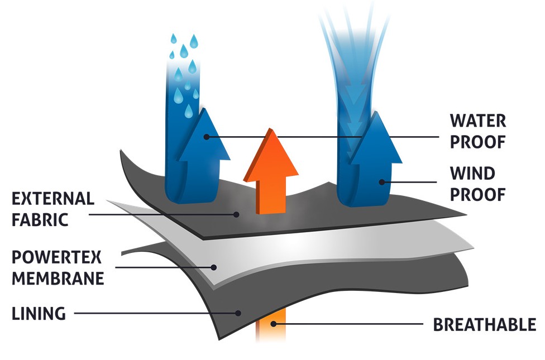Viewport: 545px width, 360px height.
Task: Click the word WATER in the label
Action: [477, 121]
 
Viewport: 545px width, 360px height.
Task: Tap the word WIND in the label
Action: [472, 174]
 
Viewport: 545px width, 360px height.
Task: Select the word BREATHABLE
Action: [485, 324]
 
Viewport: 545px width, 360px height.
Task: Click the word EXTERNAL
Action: [53, 198]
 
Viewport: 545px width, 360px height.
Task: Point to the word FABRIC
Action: [40, 219]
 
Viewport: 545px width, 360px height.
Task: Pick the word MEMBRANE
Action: [58, 279]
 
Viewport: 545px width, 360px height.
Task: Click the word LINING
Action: [39, 314]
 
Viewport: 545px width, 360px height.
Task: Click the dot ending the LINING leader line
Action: [238, 313]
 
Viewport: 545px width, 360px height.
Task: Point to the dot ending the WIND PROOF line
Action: [382, 181]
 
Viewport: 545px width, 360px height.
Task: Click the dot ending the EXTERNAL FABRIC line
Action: [237, 213]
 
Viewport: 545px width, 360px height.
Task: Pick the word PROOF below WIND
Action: [477, 194]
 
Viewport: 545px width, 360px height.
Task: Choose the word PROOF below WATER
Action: [477, 141]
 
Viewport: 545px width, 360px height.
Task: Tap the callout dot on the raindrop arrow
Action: [206, 136]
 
